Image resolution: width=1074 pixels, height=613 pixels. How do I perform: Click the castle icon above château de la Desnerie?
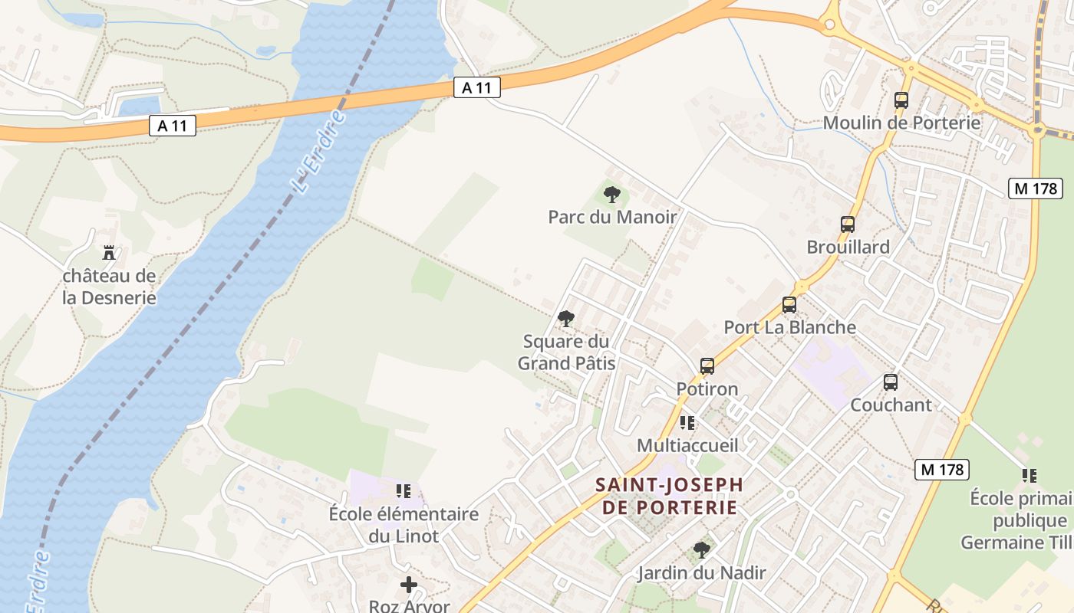109,252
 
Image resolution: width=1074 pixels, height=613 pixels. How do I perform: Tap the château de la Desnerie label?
109,287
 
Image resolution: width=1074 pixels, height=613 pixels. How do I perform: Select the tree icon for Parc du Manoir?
611,195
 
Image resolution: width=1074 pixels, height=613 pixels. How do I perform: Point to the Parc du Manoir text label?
612,217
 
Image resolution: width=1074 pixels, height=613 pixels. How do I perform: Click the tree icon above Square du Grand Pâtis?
566,319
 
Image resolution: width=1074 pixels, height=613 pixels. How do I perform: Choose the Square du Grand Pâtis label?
566,352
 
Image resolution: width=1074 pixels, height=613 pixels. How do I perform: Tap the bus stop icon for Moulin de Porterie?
901,100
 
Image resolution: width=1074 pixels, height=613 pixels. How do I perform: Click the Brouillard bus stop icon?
848,225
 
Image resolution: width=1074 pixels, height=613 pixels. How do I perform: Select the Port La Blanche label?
789,327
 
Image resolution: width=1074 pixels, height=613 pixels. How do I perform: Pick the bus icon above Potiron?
707,366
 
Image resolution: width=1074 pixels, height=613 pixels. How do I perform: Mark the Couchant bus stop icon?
891,382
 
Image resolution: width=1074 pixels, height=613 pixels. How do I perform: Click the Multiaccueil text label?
687,445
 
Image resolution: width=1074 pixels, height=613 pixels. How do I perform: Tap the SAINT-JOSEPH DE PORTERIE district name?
670,496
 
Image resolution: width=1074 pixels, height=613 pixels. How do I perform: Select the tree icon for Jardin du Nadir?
701,549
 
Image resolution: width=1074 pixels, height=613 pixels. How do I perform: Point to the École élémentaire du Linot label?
404,524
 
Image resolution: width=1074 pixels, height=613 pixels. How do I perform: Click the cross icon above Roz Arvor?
409,585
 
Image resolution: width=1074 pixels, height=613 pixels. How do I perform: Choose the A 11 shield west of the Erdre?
172,126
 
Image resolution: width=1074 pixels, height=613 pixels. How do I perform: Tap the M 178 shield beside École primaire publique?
941,469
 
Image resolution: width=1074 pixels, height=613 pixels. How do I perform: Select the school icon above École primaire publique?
1030,476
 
